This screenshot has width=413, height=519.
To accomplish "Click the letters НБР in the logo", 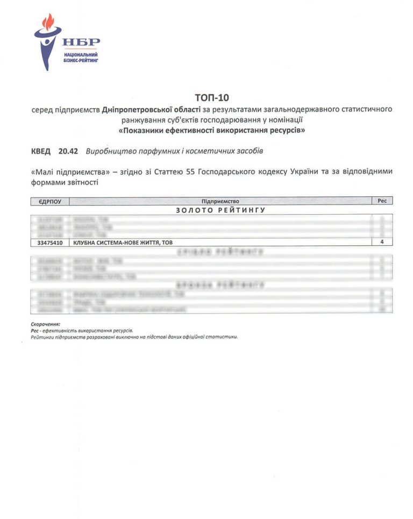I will click(x=81, y=42).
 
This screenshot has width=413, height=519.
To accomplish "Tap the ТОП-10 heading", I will click(x=211, y=97).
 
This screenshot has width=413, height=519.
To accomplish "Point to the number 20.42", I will click(x=68, y=152).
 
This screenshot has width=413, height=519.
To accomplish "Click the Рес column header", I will click(x=382, y=201).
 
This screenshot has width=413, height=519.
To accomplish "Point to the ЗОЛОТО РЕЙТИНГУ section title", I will click(x=220, y=210).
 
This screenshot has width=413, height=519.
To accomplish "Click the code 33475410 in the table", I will click(x=49, y=243).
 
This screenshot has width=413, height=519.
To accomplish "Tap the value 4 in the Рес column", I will click(x=382, y=243).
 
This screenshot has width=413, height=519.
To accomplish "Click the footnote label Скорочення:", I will click(x=46, y=324).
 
